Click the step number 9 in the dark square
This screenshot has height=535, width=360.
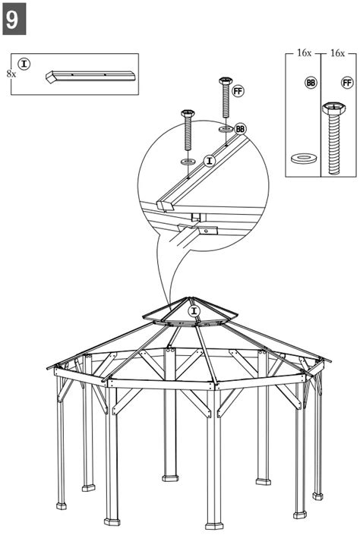pos(13,18)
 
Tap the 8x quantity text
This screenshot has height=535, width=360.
pos(11,74)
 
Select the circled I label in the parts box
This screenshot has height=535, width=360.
pos(24,64)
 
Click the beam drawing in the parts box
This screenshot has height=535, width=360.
pos(90,76)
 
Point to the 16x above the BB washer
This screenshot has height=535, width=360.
pos(304,54)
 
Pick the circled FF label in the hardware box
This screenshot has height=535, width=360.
pos(347,82)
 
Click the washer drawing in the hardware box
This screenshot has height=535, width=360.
pos(305,158)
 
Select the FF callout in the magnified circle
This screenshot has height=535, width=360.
pos(238,91)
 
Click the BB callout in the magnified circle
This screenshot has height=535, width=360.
pos(241,129)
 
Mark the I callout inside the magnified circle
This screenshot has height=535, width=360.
pos(210,159)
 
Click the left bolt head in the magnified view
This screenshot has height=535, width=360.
pos(188,115)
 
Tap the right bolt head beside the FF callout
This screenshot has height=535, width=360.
pos(225,80)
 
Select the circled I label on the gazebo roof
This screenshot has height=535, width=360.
pos(194,311)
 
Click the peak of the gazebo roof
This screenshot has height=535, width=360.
pos(193,297)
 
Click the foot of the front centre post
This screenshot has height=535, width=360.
pos(214,524)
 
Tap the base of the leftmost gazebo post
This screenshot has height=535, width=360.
pos(61,505)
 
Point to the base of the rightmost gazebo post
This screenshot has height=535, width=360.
pos(317,496)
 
